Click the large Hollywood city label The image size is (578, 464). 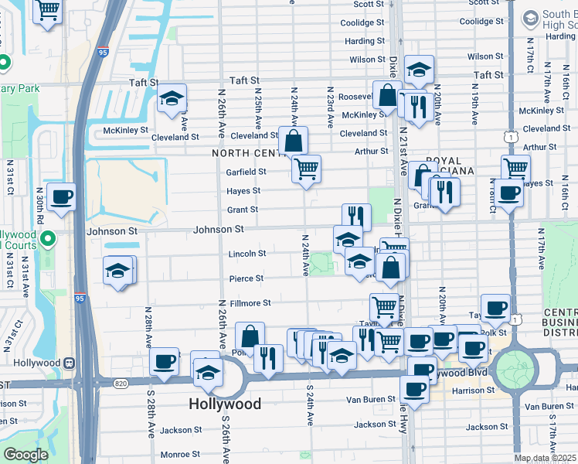coord(225,404)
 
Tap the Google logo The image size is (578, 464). coord(25,455)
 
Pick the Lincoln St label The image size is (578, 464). coord(247,254)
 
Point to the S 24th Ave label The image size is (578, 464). coord(310,404)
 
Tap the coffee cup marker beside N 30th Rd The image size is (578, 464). coord(61,196)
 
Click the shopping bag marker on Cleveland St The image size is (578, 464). coord(293,140)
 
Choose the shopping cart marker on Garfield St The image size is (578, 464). coord(306,167)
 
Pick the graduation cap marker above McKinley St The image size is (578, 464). coord(172,98)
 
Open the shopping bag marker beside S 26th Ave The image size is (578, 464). coord(250,336)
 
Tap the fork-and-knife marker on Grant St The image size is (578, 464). coord(356,217)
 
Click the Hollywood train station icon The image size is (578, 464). coord(70,362)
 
